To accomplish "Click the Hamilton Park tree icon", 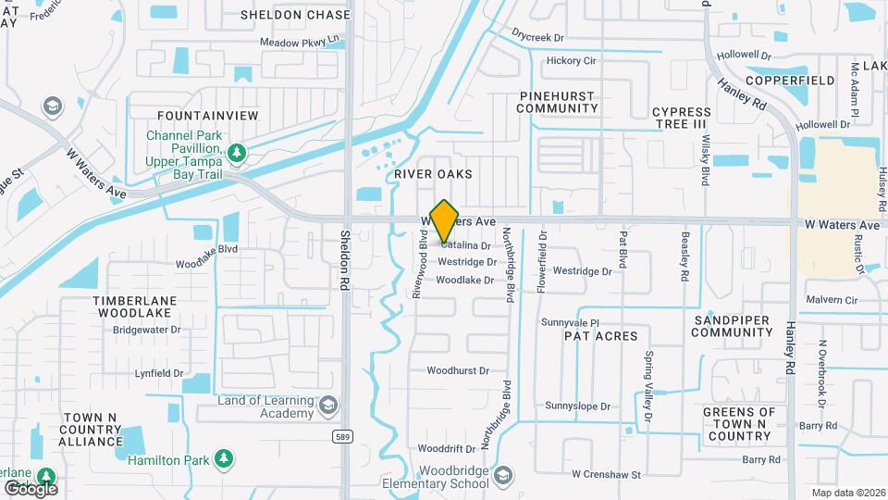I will pyautogui.click(x=223, y=458).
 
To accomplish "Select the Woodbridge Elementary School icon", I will pyautogui.click(x=502, y=476).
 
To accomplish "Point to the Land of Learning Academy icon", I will pyautogui.click(x=328, y=405).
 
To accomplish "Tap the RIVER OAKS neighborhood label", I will pyautogui.click(x=433, y=174).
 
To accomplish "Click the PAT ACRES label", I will pyautogui.click(x=601, y=336).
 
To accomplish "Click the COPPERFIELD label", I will pyautogui.click(x=791, y=81).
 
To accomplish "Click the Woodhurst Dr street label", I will pyautogui.click(x=457, y=371).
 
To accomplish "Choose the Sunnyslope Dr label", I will pyautogui.click(x=578, y=406).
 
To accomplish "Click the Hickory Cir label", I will pyautogui.click(x=571, y=61).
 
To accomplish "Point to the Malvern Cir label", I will pyautogui.click(x=832, y=300).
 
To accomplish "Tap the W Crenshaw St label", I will pyautogui.click(x=606, y=474).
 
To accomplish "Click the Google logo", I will pyautogui.click(x=31, y=488).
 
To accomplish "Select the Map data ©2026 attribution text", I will pyautogui.click(x=848, y=493).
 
